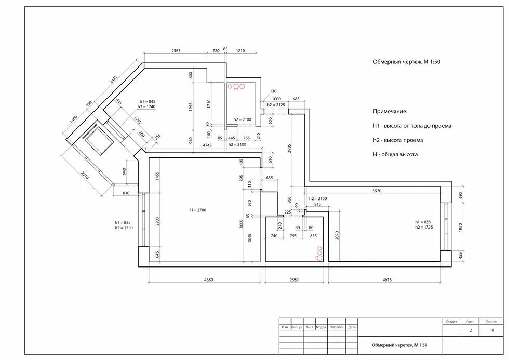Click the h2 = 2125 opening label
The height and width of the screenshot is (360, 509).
(x=276, y=105)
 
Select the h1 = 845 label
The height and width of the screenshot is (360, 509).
(x=148, y=101)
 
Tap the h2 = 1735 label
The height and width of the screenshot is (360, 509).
(x=423, y=227)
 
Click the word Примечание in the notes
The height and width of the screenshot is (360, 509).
(x=390, y=112)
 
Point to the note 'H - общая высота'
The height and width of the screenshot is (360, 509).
(x=395, y=154)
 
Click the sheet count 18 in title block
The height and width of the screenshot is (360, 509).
(x=492, y=330)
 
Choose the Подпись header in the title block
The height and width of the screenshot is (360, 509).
(x=337, y=327)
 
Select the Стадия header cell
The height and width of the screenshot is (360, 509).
(x=451, y=322)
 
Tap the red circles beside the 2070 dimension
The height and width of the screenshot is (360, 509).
(x=318, y=252)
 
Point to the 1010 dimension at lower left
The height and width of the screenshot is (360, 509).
(x=125, y=193)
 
